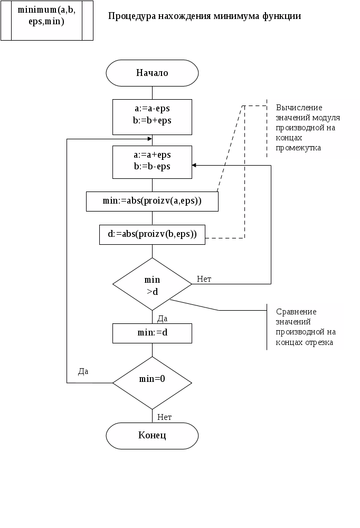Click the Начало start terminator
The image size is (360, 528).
tap(152, 73)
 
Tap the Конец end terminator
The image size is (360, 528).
tap(152, 436)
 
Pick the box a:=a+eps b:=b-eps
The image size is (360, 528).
tap(152, 161)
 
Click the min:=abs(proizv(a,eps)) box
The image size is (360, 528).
tap(152, 201)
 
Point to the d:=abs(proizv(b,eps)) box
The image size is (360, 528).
tap(152, 235)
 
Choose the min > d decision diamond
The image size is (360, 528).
tap(152, 284)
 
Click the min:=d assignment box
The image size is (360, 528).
tap(152, 333)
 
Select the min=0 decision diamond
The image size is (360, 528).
tap(152, 379)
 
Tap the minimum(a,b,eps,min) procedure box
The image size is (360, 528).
tap(46, 20)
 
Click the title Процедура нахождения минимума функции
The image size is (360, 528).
tap(205, 16)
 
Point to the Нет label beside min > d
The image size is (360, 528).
tap(204, 279)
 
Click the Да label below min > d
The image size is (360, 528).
tap(163, 318)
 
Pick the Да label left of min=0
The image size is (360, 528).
tap(83, 371)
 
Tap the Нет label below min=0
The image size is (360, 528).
tap(165, 417)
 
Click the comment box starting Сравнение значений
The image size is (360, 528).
tap(306, 327)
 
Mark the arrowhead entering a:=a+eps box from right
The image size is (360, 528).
tap(194, 166)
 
